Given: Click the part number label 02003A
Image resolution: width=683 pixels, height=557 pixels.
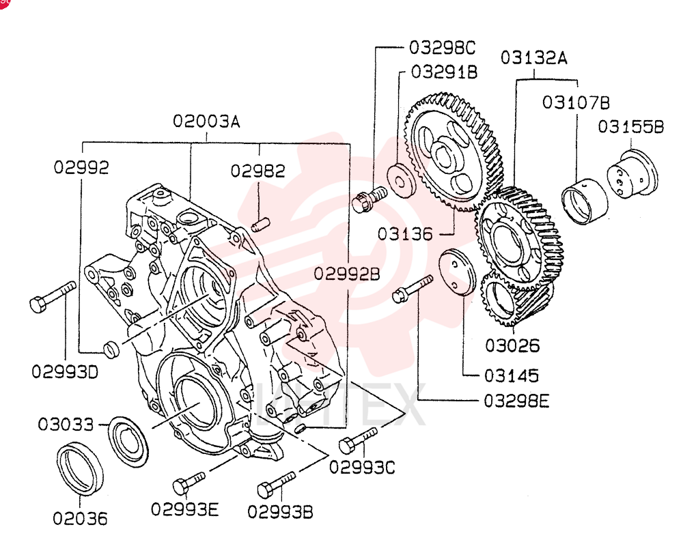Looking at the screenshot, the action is coord(206,121).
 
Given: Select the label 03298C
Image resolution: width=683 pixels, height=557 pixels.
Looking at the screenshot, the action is coord(442,48).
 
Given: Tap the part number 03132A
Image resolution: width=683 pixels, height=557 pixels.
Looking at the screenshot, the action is coord(534,57).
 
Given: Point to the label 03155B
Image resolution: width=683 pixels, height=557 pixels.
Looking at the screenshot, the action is coord(630,127).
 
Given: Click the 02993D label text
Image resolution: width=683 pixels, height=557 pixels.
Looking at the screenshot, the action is coord(65,372).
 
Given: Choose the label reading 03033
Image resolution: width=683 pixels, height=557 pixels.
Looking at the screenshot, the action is coord(66,424).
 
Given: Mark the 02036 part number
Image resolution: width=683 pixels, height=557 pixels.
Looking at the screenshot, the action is coord(80,518).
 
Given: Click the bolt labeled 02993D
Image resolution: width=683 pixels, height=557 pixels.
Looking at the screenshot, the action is coord(53,296).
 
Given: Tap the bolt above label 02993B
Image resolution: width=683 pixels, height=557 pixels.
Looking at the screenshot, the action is coord(277,484).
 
